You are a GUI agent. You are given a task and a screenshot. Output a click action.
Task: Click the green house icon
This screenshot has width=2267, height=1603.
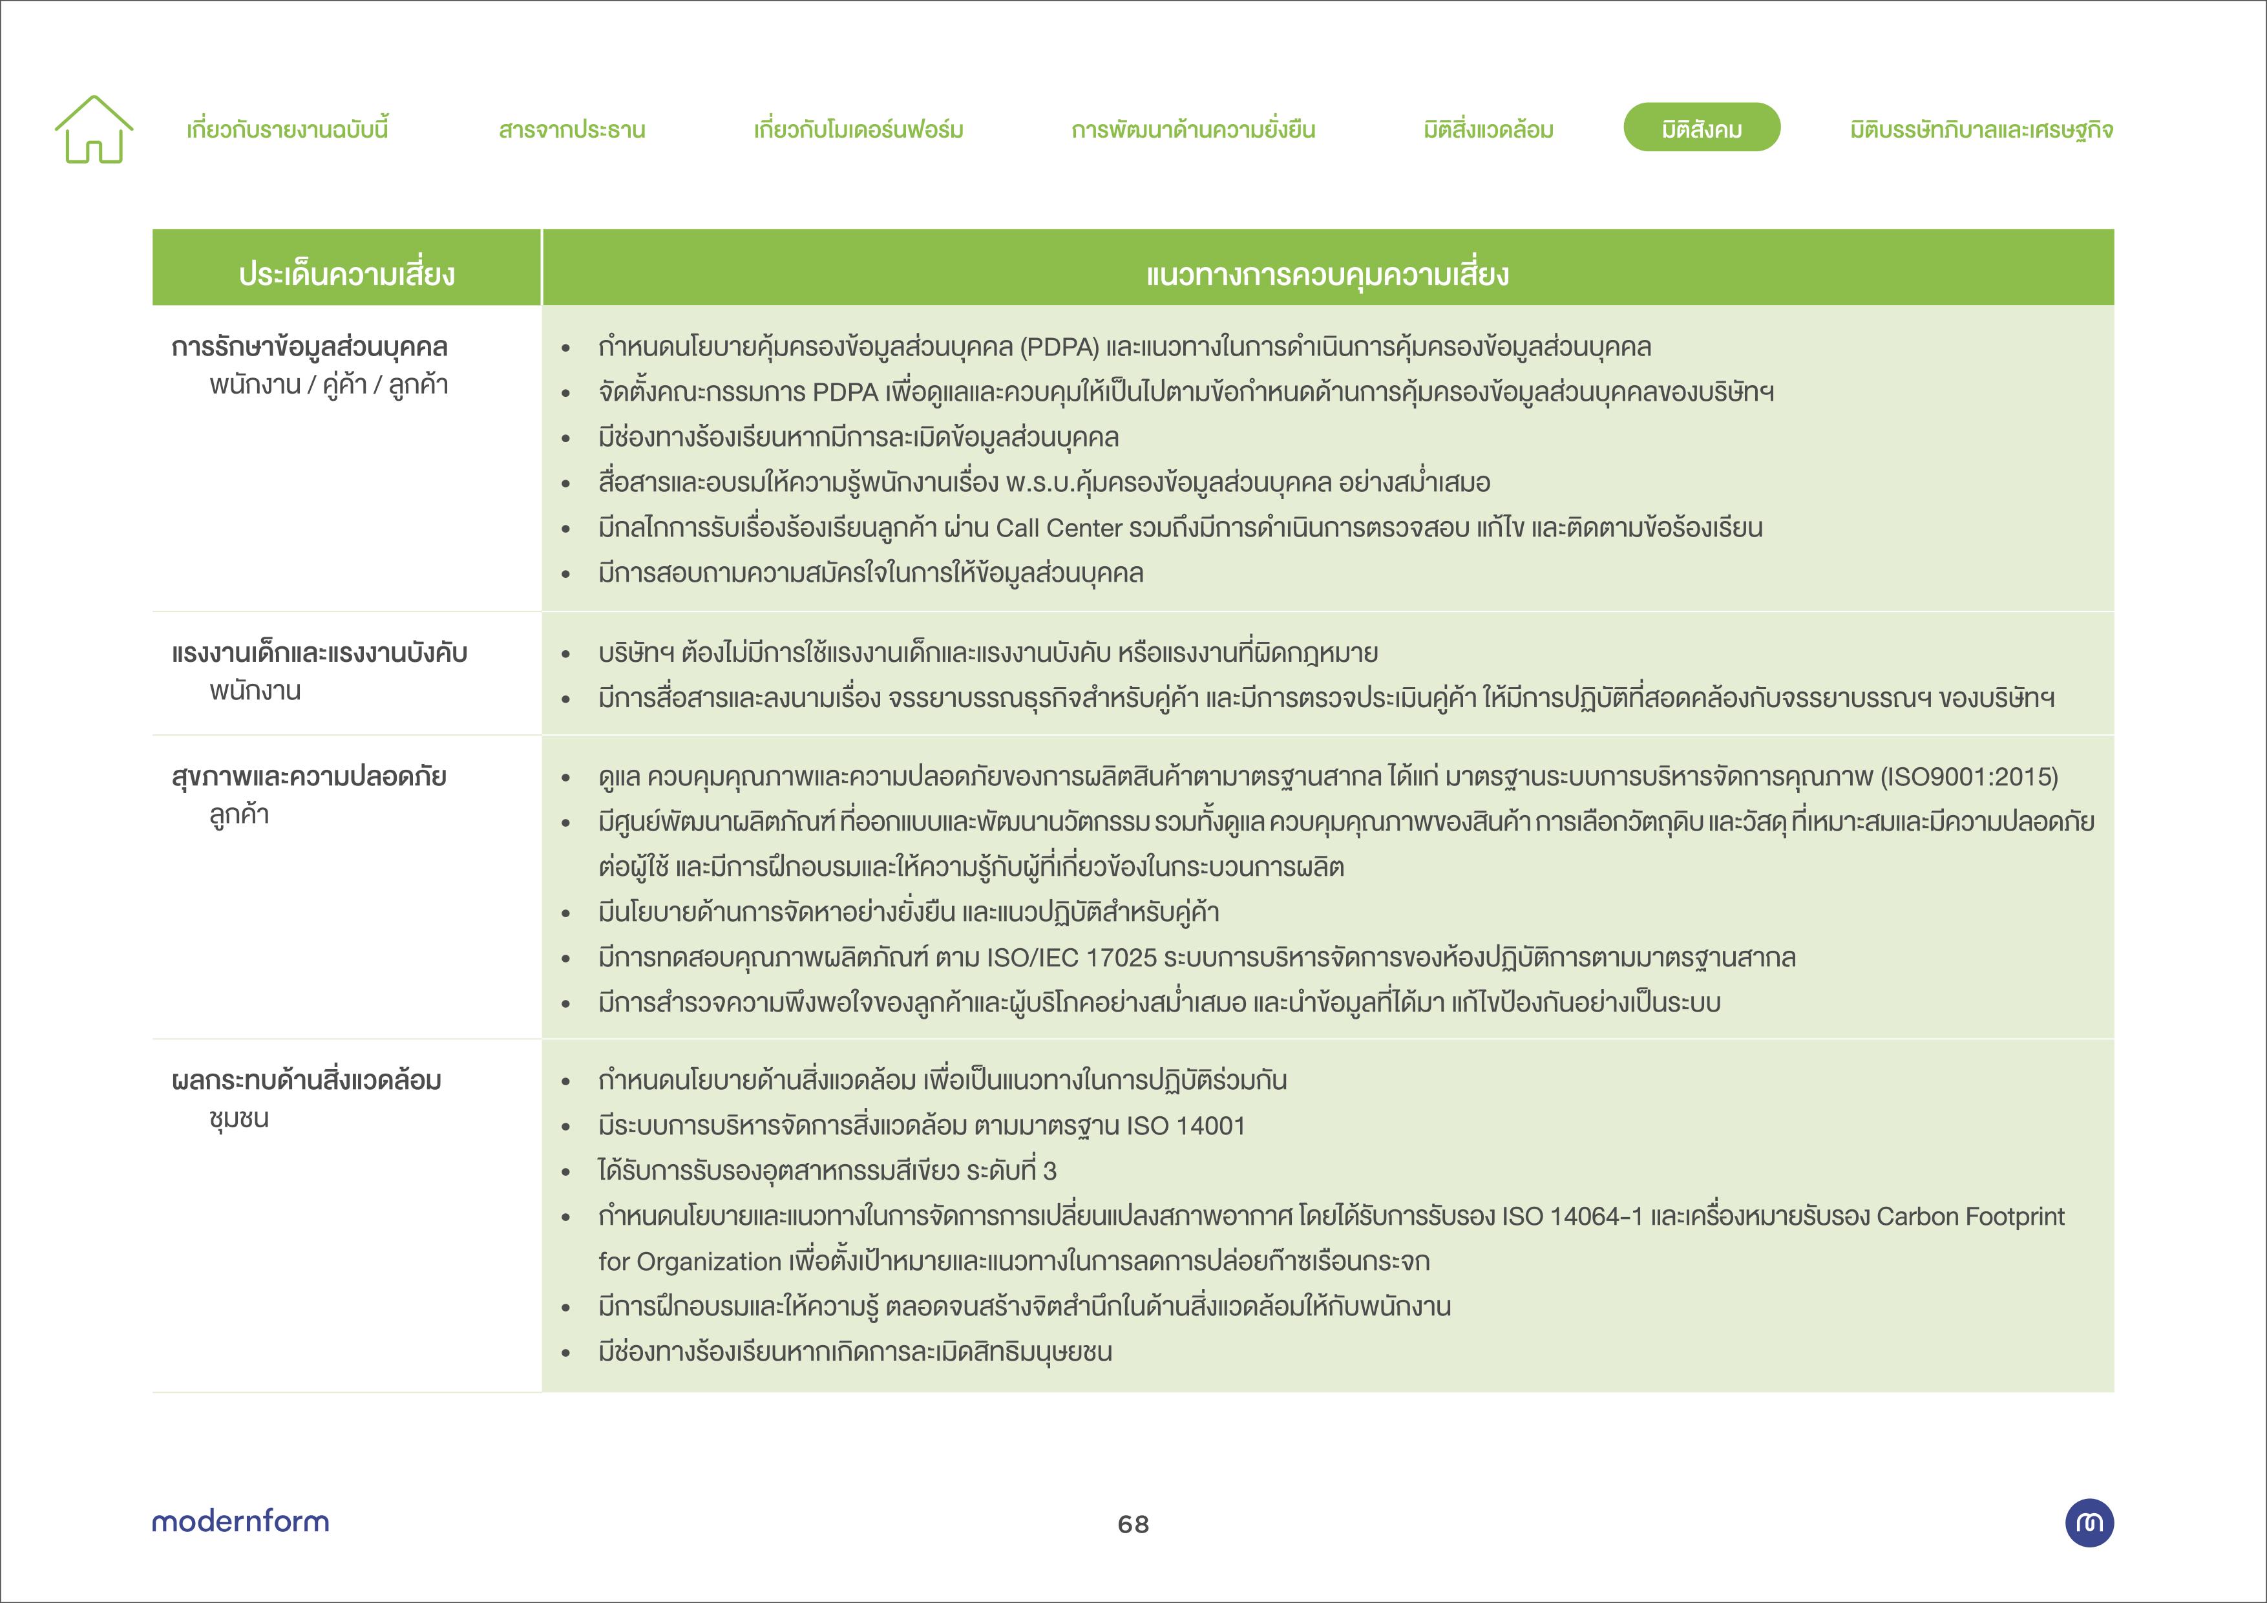click(x=94, y=129)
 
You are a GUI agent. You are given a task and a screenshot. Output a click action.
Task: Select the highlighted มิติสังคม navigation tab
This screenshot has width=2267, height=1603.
click(x=1702, y=129)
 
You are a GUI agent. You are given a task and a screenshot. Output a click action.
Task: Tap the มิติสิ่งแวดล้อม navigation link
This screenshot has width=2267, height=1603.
click(x=1488, y=129)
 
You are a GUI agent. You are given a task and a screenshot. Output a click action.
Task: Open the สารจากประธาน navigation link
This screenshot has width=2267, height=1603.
click(x=572, y=129)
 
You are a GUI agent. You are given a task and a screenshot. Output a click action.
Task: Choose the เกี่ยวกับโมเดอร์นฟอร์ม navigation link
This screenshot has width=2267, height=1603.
click(x=858, y=129)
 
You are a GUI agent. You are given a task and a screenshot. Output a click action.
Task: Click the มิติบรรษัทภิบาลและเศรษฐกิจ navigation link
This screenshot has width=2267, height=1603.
click(x=1981, y=129)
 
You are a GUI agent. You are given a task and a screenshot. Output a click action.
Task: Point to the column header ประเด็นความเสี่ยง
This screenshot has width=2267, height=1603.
click(x=346, y=273)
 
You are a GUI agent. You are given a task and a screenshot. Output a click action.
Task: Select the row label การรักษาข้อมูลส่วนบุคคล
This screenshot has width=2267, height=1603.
click(x=309, y=346)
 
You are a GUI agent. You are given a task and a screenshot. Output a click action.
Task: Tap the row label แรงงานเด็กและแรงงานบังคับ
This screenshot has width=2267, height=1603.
click(x=319, y=653)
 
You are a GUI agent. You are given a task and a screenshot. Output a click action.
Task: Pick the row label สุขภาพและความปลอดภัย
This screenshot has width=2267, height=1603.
click(x=308, y=776)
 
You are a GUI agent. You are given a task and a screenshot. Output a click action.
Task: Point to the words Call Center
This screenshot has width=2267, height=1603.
click(x=1059, y=528)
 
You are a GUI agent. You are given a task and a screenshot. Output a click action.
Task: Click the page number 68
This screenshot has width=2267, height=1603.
click(x=1132, y=1524)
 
